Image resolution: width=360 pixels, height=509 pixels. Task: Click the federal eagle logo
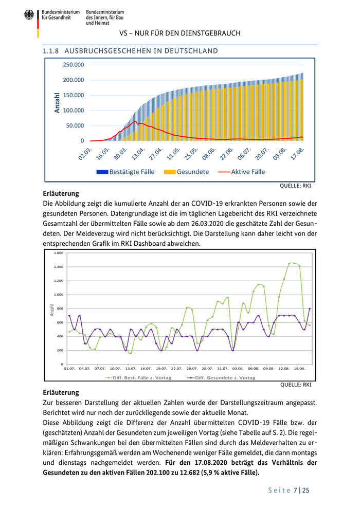(29, 15)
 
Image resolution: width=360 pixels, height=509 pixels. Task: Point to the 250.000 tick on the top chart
(74, 65)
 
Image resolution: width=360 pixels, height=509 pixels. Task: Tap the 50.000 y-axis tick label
(75, 125)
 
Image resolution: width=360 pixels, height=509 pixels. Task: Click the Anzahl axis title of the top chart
(57, 103)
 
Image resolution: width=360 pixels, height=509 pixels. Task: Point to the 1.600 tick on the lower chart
(58, 253)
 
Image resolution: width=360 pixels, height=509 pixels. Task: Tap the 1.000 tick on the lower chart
(58, 295)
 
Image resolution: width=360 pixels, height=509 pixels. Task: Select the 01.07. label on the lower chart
(69, 369)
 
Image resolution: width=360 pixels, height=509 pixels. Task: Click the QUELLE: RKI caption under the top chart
(295, 186)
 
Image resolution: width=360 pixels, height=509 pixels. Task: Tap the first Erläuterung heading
(61, 194)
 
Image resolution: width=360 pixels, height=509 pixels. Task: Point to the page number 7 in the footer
(296, 490)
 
